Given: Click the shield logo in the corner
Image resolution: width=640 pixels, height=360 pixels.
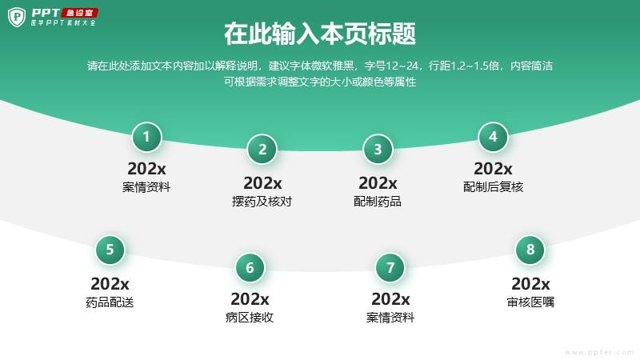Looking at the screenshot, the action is [x=16, y=17].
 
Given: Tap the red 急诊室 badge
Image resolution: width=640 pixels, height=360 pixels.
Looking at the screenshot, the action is [x=79, y=13].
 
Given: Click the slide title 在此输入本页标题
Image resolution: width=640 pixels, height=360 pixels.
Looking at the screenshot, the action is [x=320, y=34].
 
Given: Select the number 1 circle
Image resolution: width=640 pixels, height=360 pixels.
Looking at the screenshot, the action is [x=146, y=137].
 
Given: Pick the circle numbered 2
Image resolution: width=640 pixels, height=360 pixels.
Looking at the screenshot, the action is [x=262, y=150].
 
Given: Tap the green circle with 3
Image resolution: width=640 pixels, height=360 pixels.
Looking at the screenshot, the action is [x=378, y=150].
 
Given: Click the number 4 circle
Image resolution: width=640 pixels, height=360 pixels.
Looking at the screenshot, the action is [x=493, y=137].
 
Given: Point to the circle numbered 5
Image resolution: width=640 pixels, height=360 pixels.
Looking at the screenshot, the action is [x=110, y=250].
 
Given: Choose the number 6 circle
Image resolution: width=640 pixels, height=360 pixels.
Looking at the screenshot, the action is [x=250, y=268].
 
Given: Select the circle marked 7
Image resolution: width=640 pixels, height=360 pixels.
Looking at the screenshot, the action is [x=390, y=268].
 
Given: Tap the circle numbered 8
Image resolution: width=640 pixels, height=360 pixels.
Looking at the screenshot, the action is [x=530, y=250].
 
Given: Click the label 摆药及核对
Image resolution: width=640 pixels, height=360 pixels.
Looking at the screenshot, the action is [x=262, y=202].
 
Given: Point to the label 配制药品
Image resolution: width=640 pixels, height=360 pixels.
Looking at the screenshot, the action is [x=378, y=202].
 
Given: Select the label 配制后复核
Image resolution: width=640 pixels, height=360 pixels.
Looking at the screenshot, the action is [x=493, y=187].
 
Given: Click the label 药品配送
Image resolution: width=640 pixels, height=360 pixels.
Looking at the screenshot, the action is [x=110, y=302].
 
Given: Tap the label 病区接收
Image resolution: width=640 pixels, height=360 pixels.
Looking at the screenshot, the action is [x=250, y=317].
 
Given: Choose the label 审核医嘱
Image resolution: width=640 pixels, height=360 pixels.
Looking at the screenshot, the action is [x=530, y=302].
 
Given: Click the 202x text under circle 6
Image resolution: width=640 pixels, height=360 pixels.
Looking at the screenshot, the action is [x=250, y=299].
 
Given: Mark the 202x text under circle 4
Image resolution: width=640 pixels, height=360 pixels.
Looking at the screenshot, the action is [x=493, y=169].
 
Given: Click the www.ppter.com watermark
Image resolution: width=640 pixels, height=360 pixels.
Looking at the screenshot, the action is [x=599, y=352].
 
